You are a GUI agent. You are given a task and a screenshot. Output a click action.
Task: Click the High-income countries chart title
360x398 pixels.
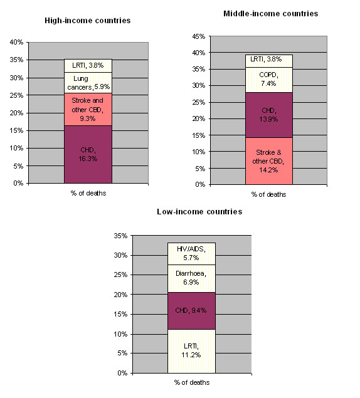(87, 21)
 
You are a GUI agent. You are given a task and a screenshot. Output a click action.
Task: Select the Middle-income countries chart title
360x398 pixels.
(270, 14)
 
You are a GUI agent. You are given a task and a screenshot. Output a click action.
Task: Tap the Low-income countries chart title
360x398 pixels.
(199, 212)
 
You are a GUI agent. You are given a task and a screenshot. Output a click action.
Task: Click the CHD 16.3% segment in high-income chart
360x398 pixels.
(88, 154)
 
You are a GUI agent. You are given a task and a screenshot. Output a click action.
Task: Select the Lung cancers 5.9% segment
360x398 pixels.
(88, 83)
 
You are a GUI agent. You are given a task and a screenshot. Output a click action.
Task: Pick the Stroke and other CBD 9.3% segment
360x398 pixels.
(88, 110)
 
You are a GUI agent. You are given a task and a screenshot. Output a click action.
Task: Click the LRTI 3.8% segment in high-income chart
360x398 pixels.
(88, 66)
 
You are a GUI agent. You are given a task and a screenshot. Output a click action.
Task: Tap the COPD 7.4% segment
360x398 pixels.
(269, 80)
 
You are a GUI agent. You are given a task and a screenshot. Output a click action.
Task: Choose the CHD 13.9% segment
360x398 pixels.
(269, 115)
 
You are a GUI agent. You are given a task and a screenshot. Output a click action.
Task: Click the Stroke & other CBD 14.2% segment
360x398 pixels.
(269, 161)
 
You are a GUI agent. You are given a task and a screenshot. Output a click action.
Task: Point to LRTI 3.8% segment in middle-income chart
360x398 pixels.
(269, 61)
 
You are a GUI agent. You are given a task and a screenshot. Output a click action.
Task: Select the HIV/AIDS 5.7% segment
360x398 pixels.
(191, 254)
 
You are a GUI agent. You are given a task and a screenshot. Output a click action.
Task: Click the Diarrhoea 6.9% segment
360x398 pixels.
(191, 279)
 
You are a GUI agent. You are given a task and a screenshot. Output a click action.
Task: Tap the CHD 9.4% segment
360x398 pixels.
(191, 311)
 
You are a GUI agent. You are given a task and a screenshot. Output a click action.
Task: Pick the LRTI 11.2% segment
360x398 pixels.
(191, 351)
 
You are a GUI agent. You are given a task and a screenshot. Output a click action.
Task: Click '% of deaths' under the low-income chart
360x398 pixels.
(192, 382)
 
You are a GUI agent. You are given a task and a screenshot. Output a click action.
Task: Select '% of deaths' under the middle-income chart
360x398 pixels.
(268, 194)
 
